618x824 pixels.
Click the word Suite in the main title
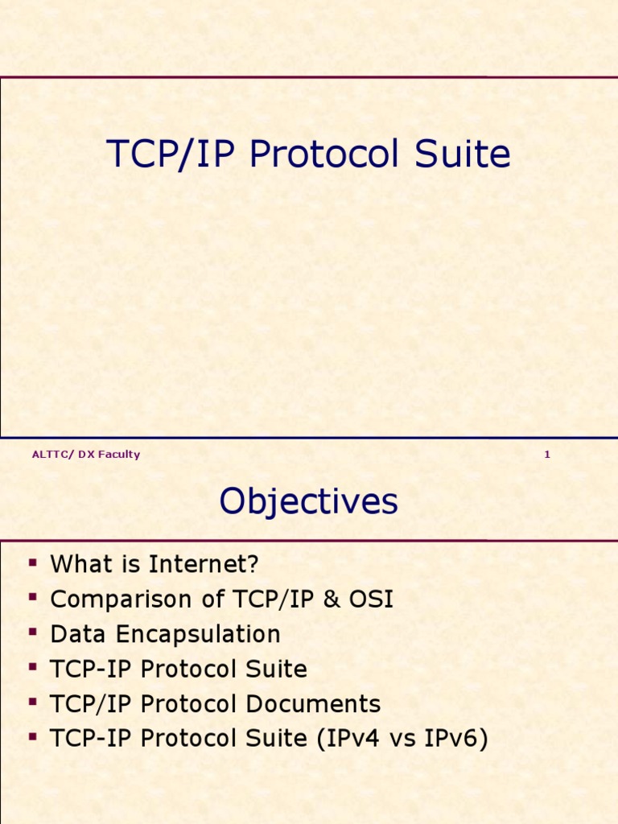coord(463,154)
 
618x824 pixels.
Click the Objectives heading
coord(308,501)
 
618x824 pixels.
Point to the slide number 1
coord(547,455)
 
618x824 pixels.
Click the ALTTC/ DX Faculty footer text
coord(85,455)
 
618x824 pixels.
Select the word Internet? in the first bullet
coord(204,564)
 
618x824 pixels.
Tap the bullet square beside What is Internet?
coord(33,562)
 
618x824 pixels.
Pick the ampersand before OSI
coord(332,599)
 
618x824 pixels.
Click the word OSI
coord(371,599)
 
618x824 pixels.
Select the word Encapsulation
coord(198,634)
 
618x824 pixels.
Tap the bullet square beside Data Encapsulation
coord(33,632)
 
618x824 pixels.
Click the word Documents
coord(313,703)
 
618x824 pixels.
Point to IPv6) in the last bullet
coord(456,738)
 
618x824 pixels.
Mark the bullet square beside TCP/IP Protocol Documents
coord(33,702)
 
